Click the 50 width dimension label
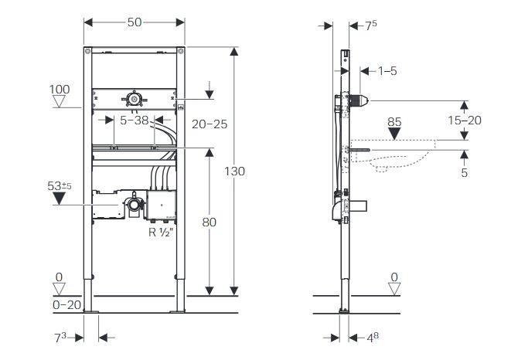(135, 22)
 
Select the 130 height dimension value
(235, 171)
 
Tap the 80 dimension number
(210, 222)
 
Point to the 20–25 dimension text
(210, 124)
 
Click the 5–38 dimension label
(135, 121)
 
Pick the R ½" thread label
(161, 233)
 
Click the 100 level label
(60, 90)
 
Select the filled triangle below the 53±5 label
(59, 199)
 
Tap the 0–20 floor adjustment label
(66, 305)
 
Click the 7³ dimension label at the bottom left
(60, 338)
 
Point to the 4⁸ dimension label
(373, 338)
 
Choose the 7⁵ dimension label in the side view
(371, 25)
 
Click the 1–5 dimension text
(387, 71)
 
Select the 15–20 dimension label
(465, 121)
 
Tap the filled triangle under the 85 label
(395, 134)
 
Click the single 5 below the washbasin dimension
(465, 172)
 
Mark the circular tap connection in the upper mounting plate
(134, 99)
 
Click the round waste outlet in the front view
(133, 205)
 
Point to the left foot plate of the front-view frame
(91, 312)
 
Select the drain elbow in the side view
(337, 211)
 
